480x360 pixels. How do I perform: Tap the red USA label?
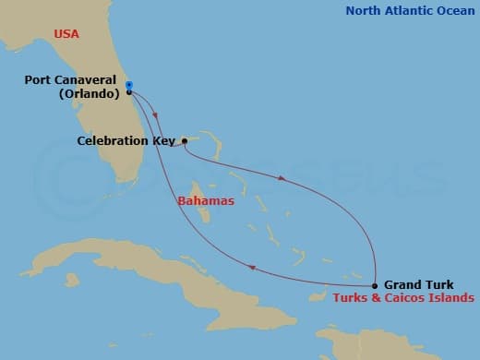click(66, 34)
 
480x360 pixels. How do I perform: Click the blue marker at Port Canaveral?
click(128, 85)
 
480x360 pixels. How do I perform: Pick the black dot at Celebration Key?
click(185, 141)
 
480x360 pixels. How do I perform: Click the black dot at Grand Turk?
click(375, 285)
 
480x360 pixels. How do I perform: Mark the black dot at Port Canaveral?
click(128, 92)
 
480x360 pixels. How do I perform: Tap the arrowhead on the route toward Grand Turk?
click(281, 177)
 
